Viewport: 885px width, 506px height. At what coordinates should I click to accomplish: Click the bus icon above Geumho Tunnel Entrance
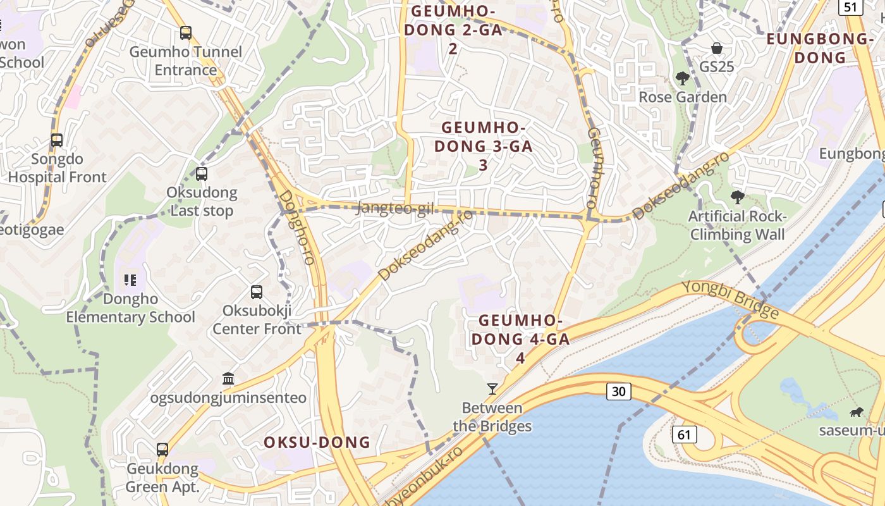(x=186, y=33)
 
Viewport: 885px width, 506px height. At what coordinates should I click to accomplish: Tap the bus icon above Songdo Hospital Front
(x=57, y=140)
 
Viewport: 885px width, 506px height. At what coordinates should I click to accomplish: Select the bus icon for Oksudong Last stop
(x=202, y=173)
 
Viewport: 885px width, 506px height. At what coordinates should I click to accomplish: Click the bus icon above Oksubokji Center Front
(x=257, y=292)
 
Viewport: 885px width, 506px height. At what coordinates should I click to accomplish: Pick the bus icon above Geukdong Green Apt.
(x=162, y=450)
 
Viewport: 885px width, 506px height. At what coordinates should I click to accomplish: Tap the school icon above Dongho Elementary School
(x=130, y=280)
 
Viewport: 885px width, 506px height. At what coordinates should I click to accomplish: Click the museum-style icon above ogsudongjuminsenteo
(x=228, y=379)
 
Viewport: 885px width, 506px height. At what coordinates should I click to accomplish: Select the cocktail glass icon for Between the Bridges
(x=492, y=388)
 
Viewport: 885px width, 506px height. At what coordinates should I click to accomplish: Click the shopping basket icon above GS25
(x=717, y=48)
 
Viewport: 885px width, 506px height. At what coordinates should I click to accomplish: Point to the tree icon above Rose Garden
(x=682, y=78)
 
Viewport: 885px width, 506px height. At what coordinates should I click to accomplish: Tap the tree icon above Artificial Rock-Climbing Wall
(x=737, y=197)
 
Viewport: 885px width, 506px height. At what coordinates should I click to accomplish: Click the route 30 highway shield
(x=619, y=392)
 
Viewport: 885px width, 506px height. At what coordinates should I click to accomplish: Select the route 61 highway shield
(x=685, y=435)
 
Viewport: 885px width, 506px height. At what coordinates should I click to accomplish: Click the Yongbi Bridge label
(x=730, y=299)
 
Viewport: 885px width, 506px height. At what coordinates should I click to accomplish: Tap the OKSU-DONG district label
(x=317, y=442)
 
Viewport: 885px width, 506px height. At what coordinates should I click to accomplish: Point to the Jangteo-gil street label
(x=395, y=208)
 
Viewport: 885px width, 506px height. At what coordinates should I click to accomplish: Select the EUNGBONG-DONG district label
(x=819, y=48)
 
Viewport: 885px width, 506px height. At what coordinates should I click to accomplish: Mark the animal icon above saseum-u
(x=857, y=413)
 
